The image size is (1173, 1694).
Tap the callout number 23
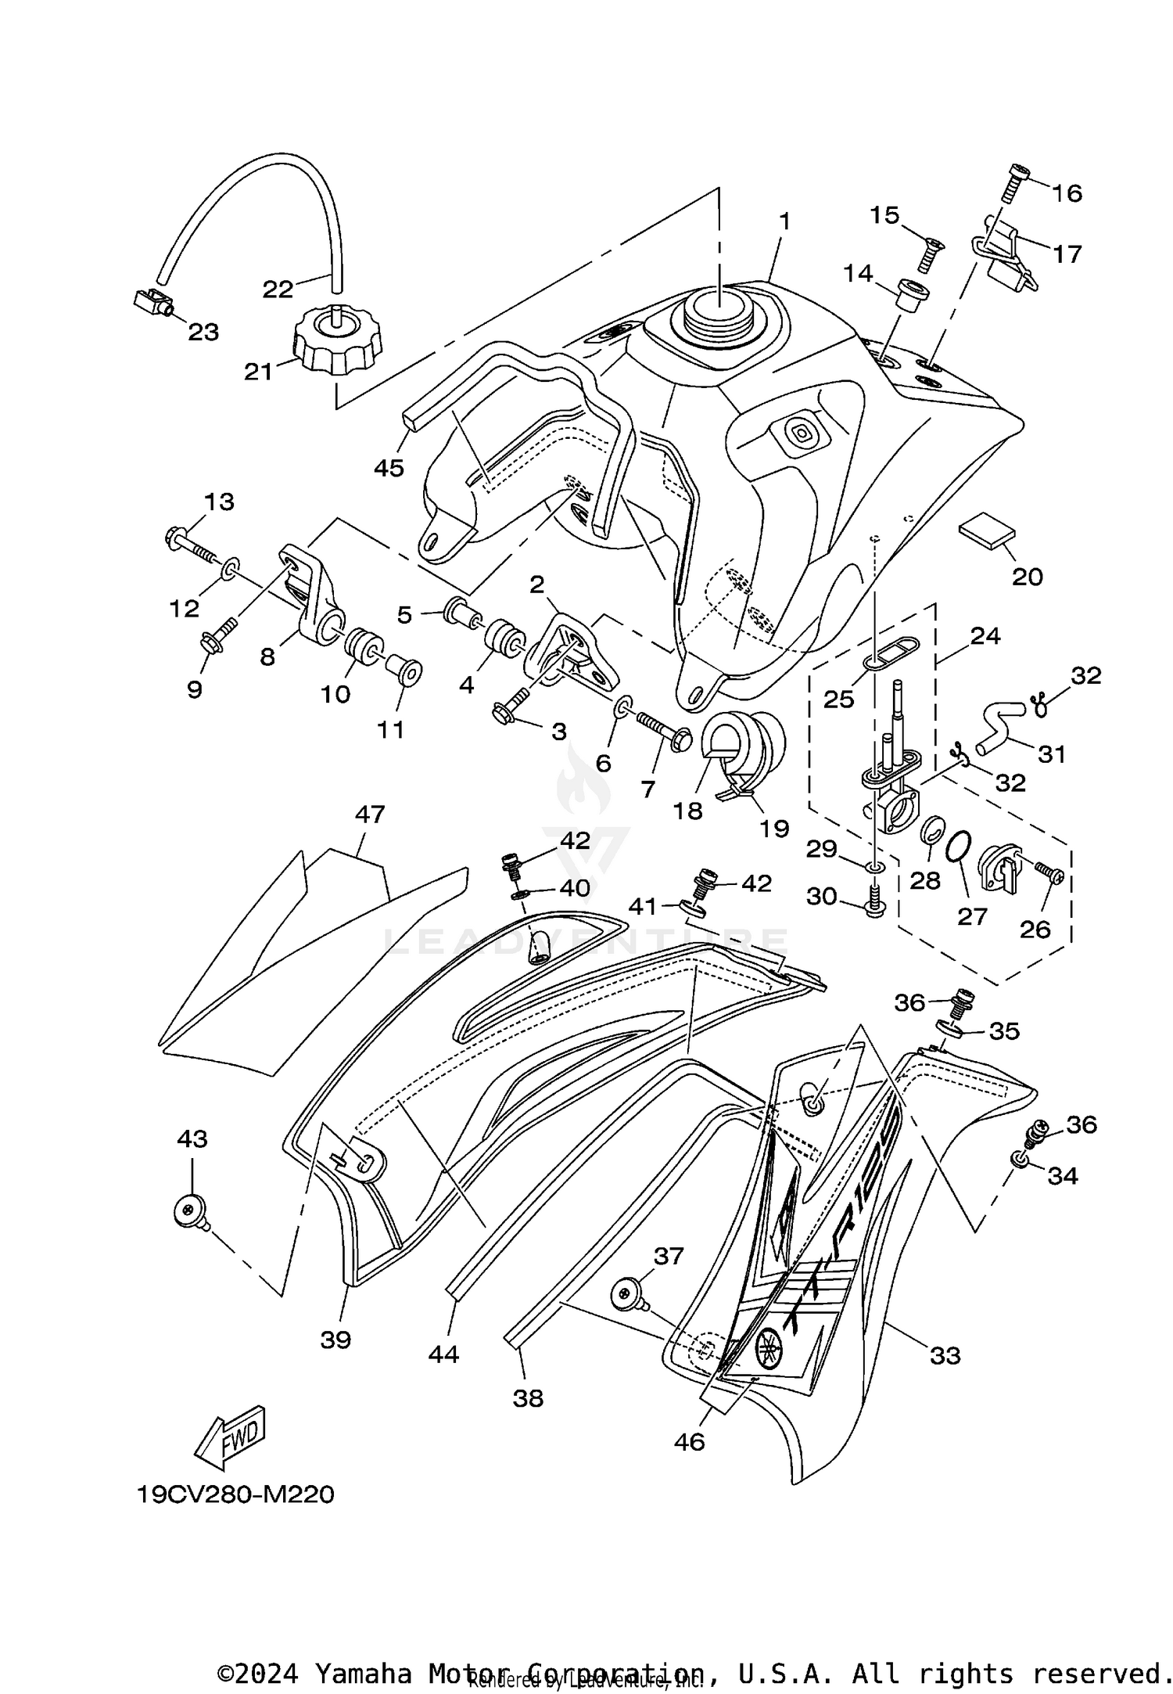click(x=203, y=332)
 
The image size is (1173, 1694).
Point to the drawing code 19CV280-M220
click(x=235, y=1494)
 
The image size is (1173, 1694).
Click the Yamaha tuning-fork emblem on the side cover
click(x=770, y=1345)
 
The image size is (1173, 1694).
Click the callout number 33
click(x=945, y=1355)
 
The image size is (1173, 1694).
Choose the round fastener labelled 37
click(x=626, y=1297)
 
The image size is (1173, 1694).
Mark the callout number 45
click(x=389, y=468)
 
